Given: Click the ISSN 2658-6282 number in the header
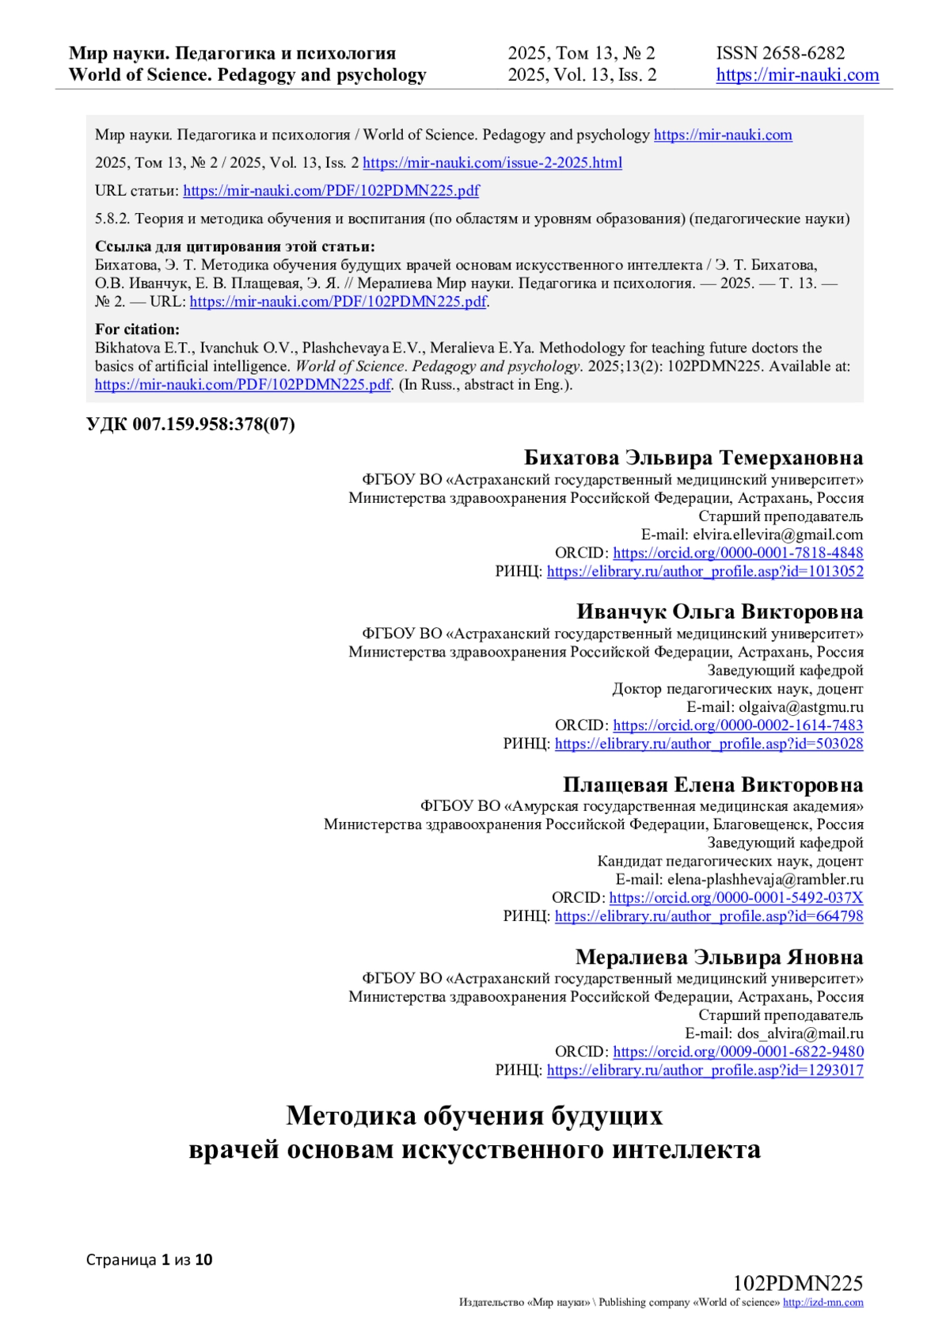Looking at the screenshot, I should (x=780, y=53).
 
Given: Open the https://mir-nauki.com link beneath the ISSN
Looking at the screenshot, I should (x=797, y=75).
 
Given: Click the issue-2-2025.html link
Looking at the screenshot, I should (x=492, y=163).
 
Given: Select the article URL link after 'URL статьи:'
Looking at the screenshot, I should (x=331, y=191).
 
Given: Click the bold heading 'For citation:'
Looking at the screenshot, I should (x=137, y=329).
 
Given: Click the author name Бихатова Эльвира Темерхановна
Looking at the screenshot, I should (x=693, y=458).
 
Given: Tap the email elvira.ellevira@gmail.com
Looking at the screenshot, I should (x=777, y=535).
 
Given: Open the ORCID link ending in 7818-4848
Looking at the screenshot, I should (x=738, y=553).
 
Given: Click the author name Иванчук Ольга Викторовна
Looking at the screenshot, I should (x=719, y=612).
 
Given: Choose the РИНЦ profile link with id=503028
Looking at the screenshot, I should (x=709, y=744).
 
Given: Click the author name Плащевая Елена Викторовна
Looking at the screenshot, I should (x=712, y=785).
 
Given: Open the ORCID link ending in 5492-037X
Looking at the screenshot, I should (x=735, y=898).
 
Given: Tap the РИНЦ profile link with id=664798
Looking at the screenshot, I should (x=709, y=916).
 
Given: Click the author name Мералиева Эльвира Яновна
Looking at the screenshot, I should (x=719, y=958).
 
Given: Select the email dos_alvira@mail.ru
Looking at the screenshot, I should (x=800, y=1034).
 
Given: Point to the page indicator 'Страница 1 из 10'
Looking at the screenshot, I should (x=149, y=1260).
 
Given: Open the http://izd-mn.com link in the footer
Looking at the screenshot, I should (x=823, y=1303).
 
